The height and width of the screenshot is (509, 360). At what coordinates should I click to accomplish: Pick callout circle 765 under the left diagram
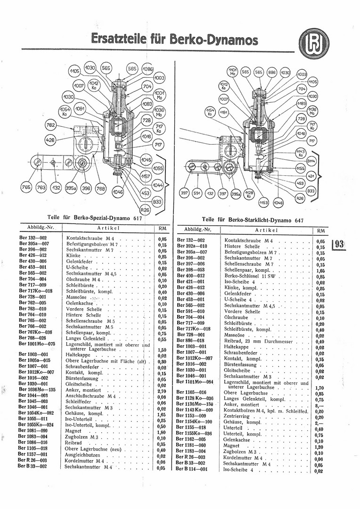pos(26,188)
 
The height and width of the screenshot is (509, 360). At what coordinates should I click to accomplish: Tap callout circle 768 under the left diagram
pos(100,188)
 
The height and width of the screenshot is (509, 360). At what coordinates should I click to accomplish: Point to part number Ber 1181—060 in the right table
pos(191,445)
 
